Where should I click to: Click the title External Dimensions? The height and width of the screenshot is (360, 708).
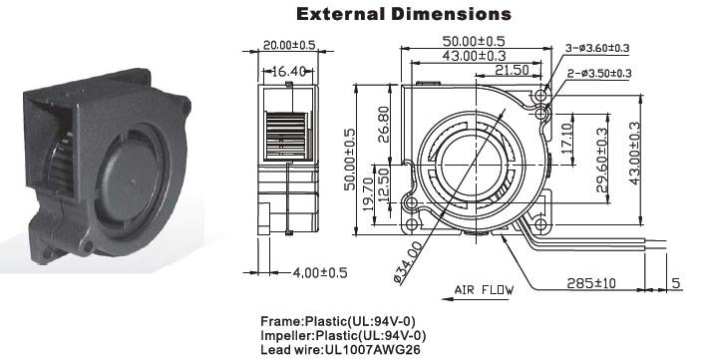coord(404,14)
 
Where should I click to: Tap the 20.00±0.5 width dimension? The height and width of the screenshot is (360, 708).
coord(289,45)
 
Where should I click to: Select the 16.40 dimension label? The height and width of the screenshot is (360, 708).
coord(288,71)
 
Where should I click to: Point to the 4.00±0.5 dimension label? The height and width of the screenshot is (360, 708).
coord(320,273)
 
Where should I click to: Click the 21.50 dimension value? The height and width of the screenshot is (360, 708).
coord(512,70)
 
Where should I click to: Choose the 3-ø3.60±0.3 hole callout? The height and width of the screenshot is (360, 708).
coord(597,48)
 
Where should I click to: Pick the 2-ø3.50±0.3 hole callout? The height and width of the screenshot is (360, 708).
coord(599,73)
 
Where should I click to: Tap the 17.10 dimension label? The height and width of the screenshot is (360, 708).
coord(566,138)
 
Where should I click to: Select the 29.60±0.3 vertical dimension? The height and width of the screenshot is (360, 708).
coord(602,160)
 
